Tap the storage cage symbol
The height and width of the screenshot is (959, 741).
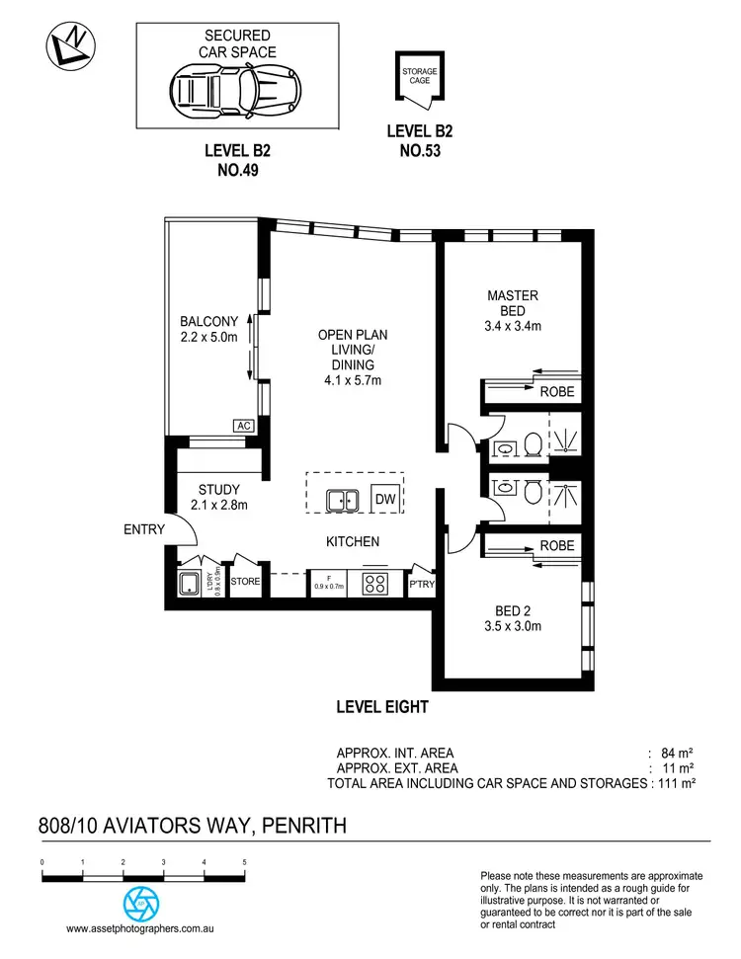419,78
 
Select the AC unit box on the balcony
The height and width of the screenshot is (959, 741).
243,426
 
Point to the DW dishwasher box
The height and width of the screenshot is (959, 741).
384,500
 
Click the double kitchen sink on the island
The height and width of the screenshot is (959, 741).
343,501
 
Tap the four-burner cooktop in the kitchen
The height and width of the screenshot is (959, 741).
375,583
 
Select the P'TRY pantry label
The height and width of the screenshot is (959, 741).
422,585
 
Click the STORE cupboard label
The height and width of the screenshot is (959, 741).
245,582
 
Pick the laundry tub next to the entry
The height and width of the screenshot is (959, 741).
188,584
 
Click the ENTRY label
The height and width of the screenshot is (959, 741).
144,530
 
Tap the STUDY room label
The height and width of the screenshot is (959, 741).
218,489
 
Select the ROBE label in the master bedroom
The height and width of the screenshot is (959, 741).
556,392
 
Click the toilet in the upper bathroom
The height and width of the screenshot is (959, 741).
532,446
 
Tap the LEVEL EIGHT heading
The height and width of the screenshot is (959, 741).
381,707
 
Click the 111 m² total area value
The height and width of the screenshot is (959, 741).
678,782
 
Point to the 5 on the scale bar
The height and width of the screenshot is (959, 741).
244,862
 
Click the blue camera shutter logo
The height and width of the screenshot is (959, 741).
140,902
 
